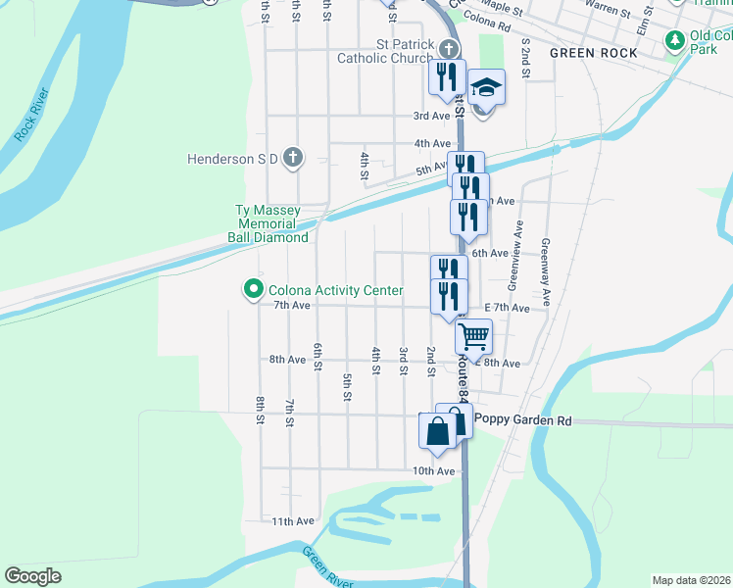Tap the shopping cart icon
474,337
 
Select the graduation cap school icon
485,89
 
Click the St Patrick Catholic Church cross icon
449,49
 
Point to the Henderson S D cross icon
292,158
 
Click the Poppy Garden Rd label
522,419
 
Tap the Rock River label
32,115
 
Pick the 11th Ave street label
293,521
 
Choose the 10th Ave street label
433,471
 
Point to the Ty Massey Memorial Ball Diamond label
272,223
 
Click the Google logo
32,576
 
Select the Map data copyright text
691,580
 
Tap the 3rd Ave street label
431,116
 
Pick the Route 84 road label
464,374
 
